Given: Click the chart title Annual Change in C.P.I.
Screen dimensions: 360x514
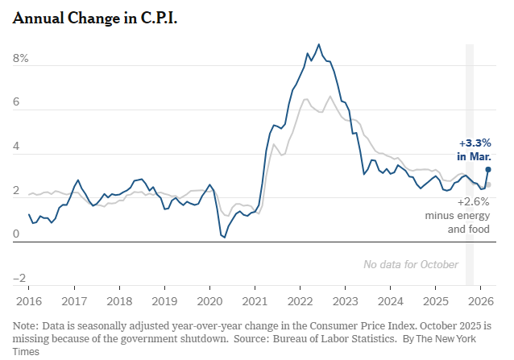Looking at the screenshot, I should (x=95, y=19).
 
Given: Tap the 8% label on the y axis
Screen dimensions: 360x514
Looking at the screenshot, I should (x=20, y=59).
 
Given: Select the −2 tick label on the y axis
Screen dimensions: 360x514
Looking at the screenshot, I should (x=20, y=279).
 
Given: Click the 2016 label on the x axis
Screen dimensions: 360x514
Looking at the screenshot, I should (x=28, y=302).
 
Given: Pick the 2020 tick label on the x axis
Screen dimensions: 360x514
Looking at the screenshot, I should (x=209, y=302).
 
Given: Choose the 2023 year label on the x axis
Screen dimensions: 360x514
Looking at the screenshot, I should (x=346, y=302).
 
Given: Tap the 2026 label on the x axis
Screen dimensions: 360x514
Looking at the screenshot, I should (x=482, y=302).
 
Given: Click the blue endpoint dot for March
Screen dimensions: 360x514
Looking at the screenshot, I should (x=488, y=169).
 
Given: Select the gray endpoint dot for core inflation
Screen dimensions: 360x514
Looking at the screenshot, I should (x=488, y=184).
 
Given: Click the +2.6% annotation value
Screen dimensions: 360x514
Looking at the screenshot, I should (x=475, y=202).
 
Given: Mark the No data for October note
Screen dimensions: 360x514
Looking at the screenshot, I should (x=411, y=264).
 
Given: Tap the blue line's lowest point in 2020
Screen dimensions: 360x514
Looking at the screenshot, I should (x=223, y=237).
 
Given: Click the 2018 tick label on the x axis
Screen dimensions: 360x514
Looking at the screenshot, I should (x=119, y=302).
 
